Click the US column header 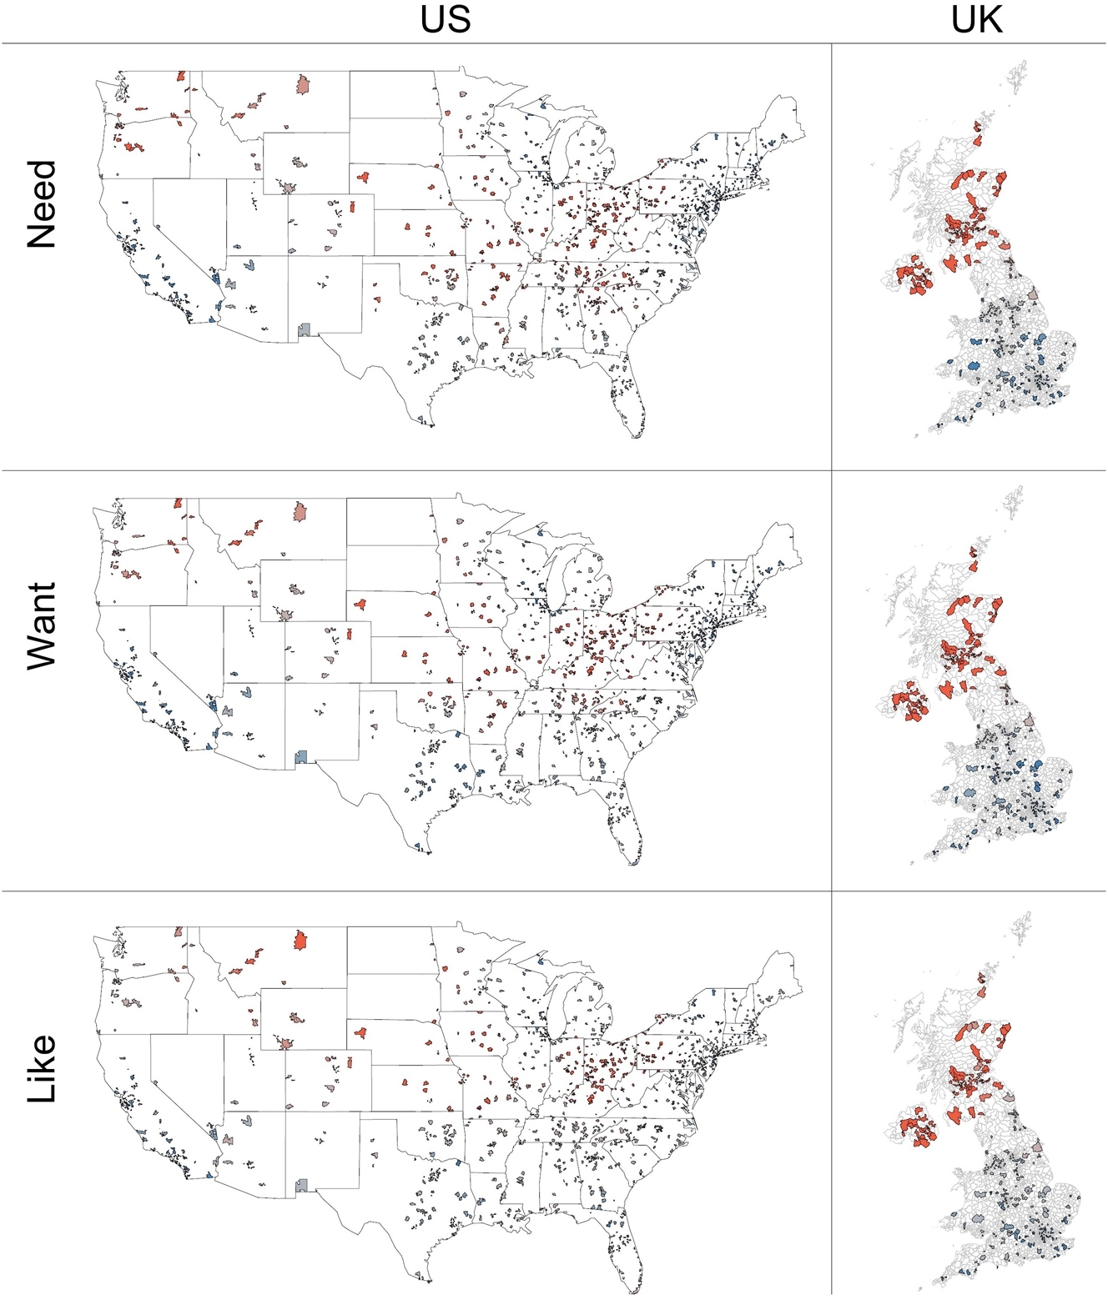[x=445, y=20]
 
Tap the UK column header [x=976, y=20]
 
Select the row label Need [x=42, y=204]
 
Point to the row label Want [x=42, y=625]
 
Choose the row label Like [x=42, y=1069]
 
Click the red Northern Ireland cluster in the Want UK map [x=910, y=701]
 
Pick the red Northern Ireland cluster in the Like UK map [x=917, y=1130]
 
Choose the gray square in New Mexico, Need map [x=305, y=330]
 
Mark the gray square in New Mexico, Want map [x=302, y=756]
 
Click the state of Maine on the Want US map [x=780, y=546]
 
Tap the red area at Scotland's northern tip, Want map [x=973, y=553]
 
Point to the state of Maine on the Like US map [x=780, y=974]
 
